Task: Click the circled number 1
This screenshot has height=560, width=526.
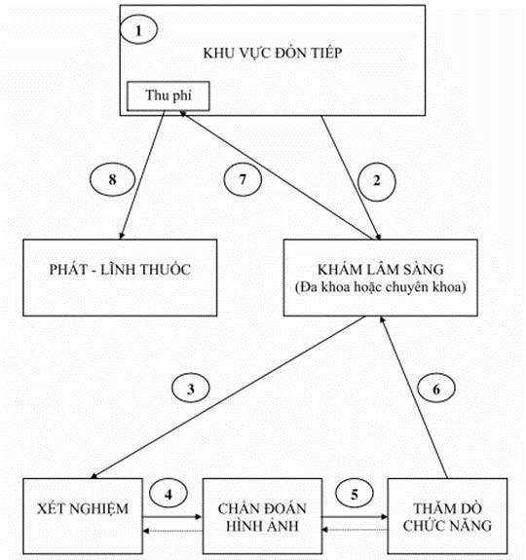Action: [138, 29]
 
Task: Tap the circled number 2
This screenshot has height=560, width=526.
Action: [377, 181]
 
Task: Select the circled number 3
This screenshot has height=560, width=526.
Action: [191, 389]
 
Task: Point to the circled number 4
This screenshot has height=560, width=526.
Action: [169, 494]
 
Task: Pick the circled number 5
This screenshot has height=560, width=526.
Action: [355, 494]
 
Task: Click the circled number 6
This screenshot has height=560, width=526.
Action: [436, 389]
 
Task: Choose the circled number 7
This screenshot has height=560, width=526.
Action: [243, 179]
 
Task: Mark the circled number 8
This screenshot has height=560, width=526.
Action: [112, 179]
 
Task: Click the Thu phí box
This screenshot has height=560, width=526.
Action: [169, 95]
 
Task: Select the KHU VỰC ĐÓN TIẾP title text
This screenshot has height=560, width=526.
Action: [273, 54]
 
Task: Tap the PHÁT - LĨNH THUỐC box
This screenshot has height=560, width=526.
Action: [120, 278]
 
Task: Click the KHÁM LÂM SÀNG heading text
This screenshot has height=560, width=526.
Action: [381, 269]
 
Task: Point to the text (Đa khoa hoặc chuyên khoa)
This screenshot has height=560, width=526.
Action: [381, 287]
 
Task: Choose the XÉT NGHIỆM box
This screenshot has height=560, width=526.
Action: [83, 516]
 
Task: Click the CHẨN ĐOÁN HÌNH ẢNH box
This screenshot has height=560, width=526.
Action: [262, 516]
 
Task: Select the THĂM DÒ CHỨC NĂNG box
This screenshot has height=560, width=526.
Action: [447, 516]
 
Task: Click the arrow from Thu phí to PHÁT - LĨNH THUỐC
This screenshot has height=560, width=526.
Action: [142, 174]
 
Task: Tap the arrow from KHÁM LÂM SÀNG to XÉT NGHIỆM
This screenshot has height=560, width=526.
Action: [228, 397]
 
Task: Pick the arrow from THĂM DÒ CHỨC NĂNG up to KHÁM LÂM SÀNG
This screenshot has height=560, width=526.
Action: [414, 397]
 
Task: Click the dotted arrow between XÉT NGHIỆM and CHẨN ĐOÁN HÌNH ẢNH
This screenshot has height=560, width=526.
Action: [172, 531]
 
